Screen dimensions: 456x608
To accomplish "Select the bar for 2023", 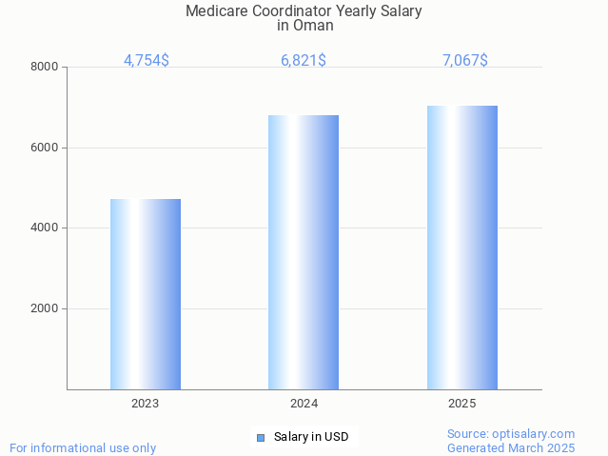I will point(146,294).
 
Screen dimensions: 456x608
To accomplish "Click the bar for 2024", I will point(304,252).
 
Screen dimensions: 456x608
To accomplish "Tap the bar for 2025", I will point(462,248).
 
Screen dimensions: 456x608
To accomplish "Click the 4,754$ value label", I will point(147,61).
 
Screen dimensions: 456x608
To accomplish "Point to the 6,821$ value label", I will point(304,61).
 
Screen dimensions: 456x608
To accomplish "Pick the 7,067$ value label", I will point(465,61).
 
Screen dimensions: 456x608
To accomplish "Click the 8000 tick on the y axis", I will point(44,68).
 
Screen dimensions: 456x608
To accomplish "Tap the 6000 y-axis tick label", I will point(44,148).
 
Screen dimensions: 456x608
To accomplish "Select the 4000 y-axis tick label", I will point(44,228).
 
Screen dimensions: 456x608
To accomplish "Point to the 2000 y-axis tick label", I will point(44,309).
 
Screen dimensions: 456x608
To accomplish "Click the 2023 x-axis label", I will point(146,404).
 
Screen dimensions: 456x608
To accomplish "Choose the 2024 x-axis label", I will point(304,404).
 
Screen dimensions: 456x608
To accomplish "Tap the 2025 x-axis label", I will point(462,404).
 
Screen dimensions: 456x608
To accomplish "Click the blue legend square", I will point(260,438).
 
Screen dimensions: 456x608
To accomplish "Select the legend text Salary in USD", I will point(311,438).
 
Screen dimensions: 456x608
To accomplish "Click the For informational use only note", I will point(83,447).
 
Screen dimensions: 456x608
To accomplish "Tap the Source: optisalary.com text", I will point(511,433).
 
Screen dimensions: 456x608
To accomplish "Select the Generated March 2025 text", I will point(511,447).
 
